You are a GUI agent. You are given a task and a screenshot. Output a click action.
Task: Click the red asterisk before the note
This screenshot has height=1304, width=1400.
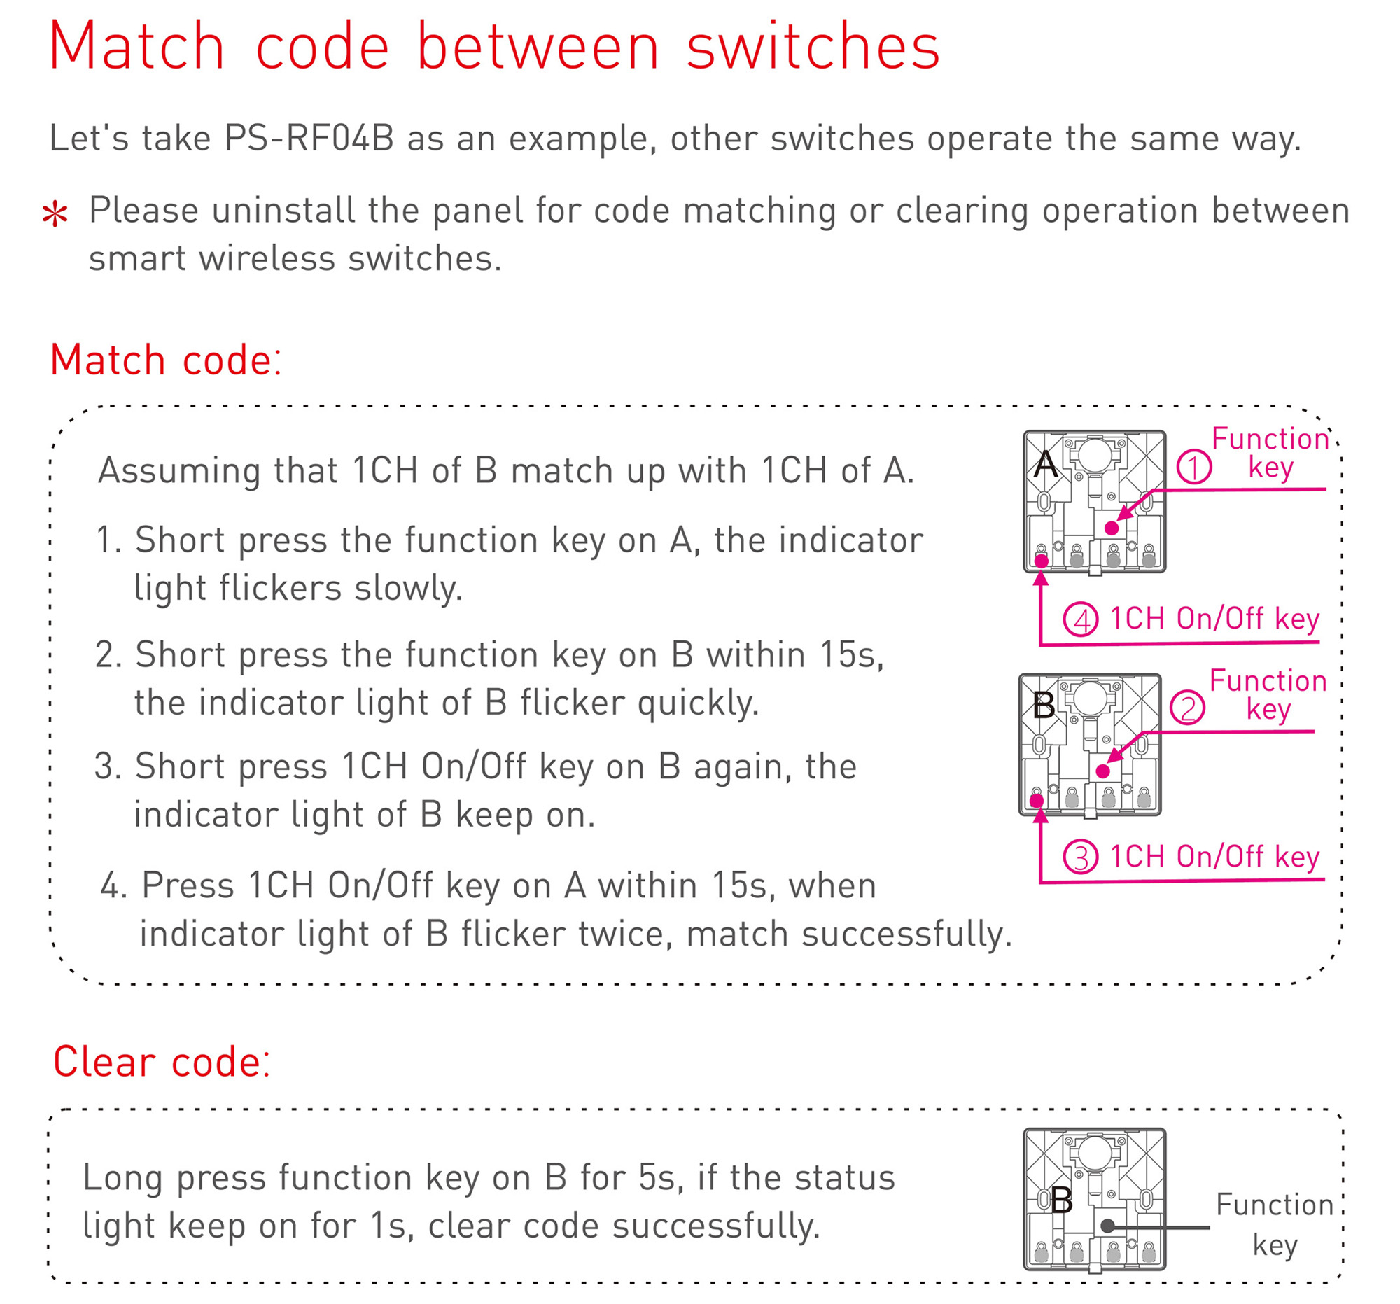[x=55, y=214]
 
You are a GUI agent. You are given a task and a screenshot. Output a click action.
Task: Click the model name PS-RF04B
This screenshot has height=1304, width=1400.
[x=309, y=138]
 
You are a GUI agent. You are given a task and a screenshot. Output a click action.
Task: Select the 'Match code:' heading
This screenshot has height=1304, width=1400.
[x=166, y=360]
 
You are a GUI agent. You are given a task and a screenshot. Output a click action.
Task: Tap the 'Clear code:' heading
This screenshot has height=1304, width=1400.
[x=162, y=1062]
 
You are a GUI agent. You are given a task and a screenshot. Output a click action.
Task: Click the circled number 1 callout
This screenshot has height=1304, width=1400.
[x=1193, y=467]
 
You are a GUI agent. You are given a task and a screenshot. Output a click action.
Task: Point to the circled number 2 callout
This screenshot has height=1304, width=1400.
[x=1187, y=708]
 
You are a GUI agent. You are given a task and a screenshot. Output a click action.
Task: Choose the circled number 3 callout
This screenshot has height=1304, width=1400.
[x=1080, y=857]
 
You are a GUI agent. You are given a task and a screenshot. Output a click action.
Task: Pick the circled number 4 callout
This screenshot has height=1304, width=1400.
[x=1080, y=619]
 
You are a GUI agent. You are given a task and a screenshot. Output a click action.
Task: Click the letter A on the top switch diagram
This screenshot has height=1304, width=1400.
[x=1046, y=465]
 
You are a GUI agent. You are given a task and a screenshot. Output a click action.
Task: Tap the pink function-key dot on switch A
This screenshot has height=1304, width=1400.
[x=1112, y=528]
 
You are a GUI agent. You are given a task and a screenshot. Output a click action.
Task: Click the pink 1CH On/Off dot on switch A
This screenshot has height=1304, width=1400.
[x=1042, y=561]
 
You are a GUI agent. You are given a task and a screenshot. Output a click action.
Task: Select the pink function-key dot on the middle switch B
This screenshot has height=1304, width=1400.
[x=1103, y=771]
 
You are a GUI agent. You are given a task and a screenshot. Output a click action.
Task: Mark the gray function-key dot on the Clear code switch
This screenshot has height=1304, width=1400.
[x=1107, y=1226]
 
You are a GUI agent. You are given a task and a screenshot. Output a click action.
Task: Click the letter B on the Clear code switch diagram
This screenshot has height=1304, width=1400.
[x=1061, y=1200]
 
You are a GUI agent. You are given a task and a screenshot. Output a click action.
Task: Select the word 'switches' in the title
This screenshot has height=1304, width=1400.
[x=813, y=48]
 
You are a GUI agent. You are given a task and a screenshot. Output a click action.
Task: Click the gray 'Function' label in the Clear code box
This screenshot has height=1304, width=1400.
[x=1275, y=1205]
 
